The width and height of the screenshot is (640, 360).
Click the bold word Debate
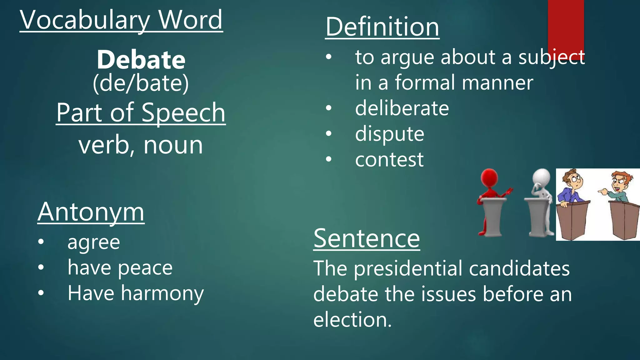point(141,60)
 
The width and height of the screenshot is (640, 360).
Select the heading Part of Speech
point(141,113)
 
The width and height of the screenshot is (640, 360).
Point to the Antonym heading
point(91,212)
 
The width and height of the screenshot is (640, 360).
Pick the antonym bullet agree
point(94,242)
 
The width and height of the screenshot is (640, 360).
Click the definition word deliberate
point(402,108)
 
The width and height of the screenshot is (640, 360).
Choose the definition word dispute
point(389,134)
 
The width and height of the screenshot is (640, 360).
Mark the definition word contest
point(389,160)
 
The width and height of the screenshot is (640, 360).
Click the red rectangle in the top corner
point(566,25)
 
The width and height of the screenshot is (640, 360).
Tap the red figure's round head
point(489,177)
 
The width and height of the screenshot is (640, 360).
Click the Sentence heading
point(367,238)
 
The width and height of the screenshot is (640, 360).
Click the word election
point(352,320)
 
